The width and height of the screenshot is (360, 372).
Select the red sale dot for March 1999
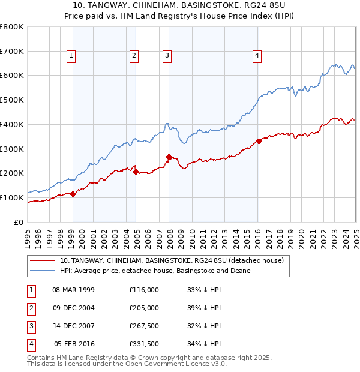(x=73, y=194)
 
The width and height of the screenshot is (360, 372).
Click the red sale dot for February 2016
(x=259, y=141)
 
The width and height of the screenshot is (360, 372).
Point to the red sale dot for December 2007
(x=169, y=157)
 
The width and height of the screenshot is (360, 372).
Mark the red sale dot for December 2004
(x=136, y=172)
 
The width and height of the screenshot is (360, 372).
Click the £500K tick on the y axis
(x=13, y=100)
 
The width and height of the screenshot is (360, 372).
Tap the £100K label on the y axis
(x=13, y=197)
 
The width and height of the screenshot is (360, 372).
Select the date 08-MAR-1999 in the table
(x=74, y=290)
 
